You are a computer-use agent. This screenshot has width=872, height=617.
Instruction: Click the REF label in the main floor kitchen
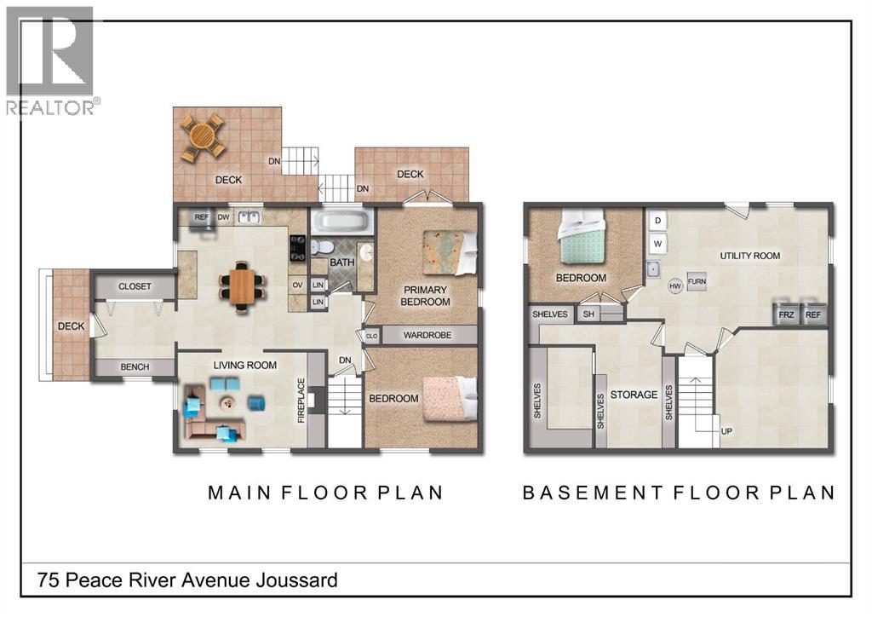tap(202, 217)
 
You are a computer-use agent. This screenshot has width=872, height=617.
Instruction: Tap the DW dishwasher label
tap(224, 217)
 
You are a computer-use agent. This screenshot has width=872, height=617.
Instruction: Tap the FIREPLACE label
tap(301, 401)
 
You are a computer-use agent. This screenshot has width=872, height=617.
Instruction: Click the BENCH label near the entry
tap(135, 367)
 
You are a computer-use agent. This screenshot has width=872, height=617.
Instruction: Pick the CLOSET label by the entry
tap(135, 286)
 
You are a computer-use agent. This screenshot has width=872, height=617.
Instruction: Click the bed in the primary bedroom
tap(449, 253)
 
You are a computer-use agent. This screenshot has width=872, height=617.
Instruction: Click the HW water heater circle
tap(675, 286)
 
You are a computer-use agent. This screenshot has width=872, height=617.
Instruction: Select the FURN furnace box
tap(697, 282)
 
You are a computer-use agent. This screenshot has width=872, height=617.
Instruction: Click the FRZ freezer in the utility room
tap(786, 314)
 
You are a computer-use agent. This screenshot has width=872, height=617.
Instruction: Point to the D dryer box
tap(657, 221)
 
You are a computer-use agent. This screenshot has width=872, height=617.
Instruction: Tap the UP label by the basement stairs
tap(726, 431)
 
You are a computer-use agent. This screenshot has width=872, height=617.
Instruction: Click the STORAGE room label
tap(634, 395)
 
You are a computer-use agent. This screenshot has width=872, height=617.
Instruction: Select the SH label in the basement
tap(588, 314)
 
